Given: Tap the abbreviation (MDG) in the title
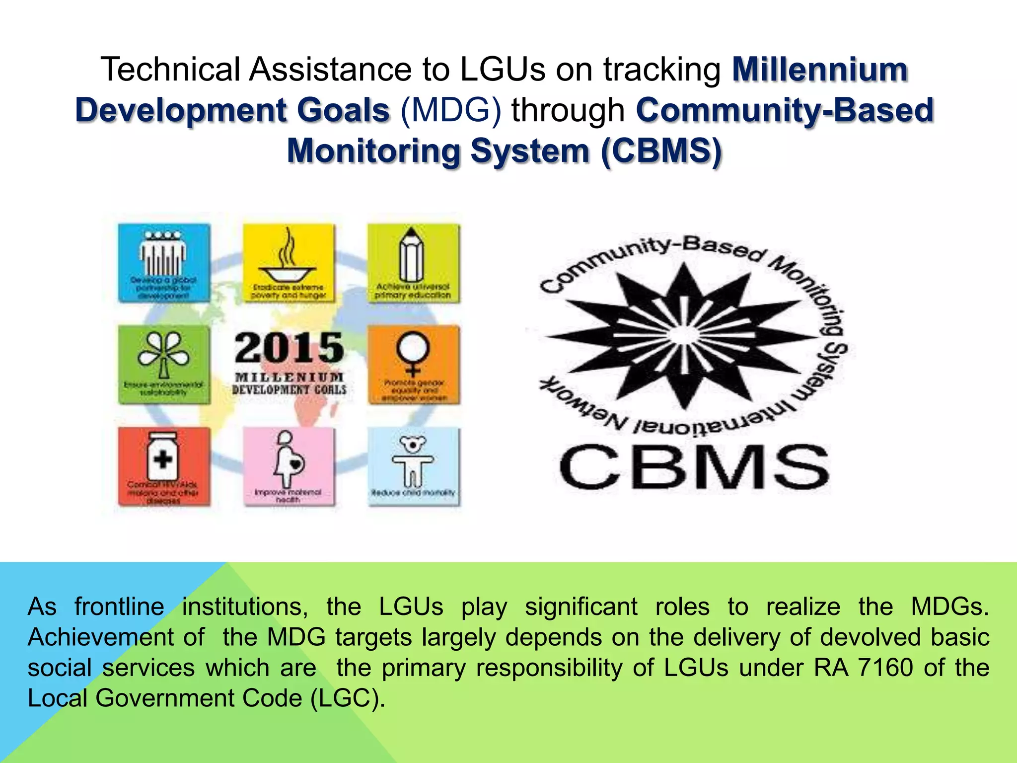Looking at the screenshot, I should pos(450,110).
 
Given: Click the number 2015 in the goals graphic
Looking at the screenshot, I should pos(289,348).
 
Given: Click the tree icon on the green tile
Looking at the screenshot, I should pos(163,354).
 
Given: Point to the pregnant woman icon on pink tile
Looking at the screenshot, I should pos(289,459).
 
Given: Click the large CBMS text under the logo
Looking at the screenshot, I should pos(694,467).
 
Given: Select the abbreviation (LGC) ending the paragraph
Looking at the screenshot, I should pos(347,698).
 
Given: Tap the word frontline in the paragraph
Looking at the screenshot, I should pos(119,607).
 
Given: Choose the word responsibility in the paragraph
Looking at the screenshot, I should pos(549,668).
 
